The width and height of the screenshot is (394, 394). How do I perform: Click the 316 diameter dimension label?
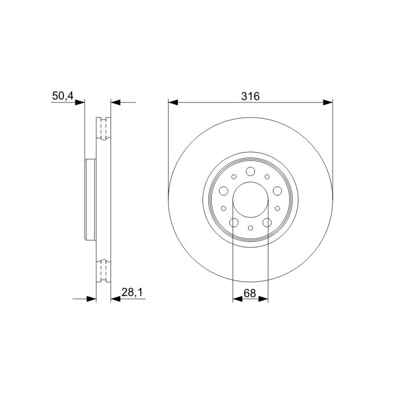pyautogui.click(x=250, y=96)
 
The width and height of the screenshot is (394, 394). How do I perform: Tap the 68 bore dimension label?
pyautogui.click(x=250, y=293)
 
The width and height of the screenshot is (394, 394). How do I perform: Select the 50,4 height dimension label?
pyautogui.click(x=62, y=96)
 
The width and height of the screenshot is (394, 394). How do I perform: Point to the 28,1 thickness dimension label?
pyautogui.click(x=132, y=292)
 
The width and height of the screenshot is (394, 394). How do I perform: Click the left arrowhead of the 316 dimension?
pyautogui.click(x=173, y=102)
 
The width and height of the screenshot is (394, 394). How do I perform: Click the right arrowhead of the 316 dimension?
pyautogui.click(x=328, y=102)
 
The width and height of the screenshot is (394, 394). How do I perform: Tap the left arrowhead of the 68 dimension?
pyautogui.click(x=237, y=299)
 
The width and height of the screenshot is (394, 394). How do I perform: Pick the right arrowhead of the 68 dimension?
pyautogui.click(x=263, y=299)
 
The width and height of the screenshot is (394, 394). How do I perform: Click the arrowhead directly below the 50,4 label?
pyautogui.click(x=80, y=102)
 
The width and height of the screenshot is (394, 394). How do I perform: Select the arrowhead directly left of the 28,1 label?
pyautogui.click(x=115, y=299)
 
